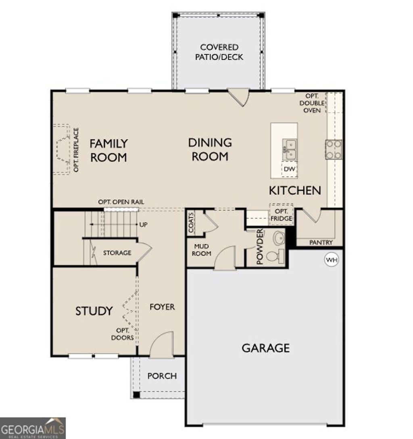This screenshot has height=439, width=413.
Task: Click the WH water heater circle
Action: (x=332, y=260)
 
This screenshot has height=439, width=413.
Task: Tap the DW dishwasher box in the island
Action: (x=289, y=169)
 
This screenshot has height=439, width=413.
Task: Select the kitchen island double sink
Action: (x=289, y=149)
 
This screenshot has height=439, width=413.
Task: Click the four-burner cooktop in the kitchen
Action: (x=334, y=149)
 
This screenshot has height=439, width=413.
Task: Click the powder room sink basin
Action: (x=278, y=238)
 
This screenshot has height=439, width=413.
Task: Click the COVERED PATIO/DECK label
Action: (x=219, y=52)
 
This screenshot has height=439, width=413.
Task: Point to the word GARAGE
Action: (x=265, y=348)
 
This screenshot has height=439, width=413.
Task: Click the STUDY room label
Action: (x=94, y=311)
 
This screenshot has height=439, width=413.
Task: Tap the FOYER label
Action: (x=162, y=307)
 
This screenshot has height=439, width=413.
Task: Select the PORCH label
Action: (x=162, y=376)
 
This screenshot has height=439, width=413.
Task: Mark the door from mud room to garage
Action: (x=225, y=259)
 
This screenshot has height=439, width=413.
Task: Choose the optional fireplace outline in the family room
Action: (x=62, y=150)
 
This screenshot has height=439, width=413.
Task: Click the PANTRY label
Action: (x=321, y=243)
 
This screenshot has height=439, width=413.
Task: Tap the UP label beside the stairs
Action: (x=143, y=224)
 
